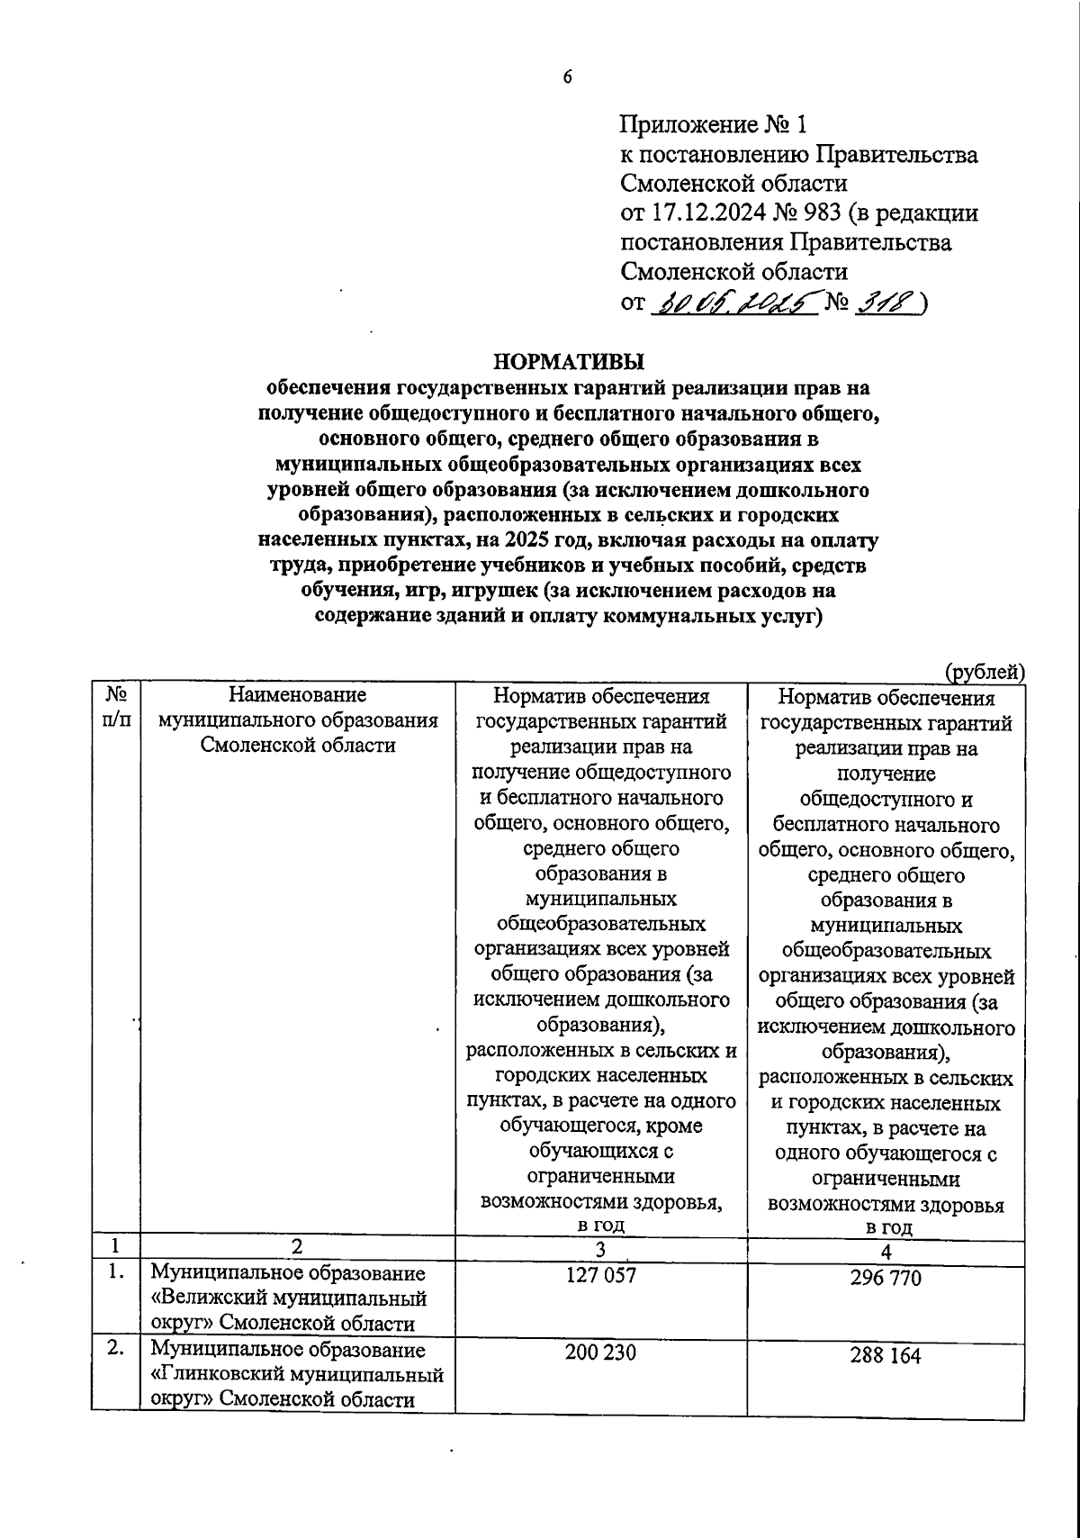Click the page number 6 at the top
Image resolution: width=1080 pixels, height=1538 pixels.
coord(568,77)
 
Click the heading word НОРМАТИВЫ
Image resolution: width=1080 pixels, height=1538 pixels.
coord(569,363)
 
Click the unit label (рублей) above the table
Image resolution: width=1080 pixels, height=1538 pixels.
coord(984,672)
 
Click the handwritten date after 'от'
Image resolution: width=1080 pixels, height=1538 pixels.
coord(734,303)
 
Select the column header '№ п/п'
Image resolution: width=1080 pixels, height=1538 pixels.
coord(116,708)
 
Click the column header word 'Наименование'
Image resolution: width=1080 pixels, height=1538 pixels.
coord(298,695)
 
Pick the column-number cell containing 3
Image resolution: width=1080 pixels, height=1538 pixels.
coord(600,1249)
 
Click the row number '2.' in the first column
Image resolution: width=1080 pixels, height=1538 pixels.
coord(116,1352)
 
